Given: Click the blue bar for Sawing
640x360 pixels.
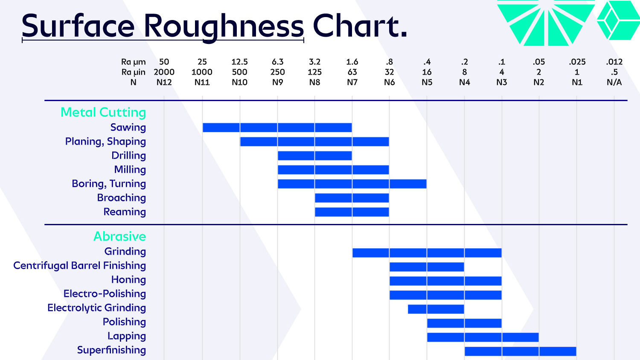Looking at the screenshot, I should (277, 128).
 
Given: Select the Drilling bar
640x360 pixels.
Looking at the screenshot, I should (315, 156).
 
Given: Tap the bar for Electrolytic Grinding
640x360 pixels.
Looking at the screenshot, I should (436, 309).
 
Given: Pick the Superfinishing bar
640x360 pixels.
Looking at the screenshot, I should (521, 351).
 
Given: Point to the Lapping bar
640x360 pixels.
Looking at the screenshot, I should (483, 337).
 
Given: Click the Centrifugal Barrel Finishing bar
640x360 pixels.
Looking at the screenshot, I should (427, 267).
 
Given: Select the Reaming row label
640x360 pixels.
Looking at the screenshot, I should (125, 212).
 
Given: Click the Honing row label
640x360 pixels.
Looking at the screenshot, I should (128, 280).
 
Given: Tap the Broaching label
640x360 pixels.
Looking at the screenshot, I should (121, 198).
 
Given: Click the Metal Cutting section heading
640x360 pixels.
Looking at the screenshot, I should (103, 113).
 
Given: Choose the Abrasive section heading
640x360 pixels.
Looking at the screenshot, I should (120, 237).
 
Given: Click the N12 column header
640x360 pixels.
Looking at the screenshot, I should (164, 82).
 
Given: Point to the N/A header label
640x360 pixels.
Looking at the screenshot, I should (614, 82).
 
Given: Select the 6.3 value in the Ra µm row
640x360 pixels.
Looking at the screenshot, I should (277, 62).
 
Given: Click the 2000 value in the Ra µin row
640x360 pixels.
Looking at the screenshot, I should (164, 72).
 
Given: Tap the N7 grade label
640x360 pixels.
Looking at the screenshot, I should (352, 82).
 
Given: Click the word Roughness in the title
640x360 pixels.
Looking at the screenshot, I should (224, 26).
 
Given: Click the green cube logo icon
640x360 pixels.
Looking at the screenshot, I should (618, 20).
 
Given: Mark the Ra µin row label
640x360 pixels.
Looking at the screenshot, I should (133, 72).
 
